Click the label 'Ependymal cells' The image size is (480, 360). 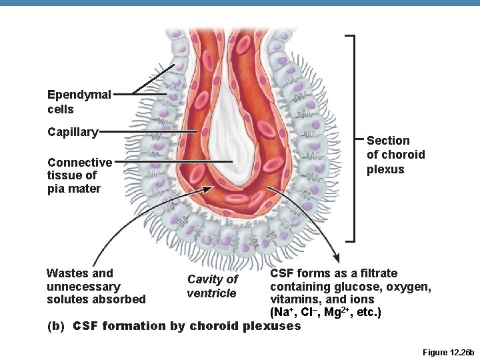tap(79, 101)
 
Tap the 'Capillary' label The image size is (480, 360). tap(73, 132)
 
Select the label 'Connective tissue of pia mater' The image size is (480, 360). tap(79, 175)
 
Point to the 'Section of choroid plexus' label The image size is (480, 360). tap(396, 155)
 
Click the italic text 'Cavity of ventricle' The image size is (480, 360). tap(212, 286)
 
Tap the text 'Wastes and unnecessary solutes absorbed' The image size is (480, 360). tap(96, 286)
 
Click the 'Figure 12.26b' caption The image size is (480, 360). tap(448, 353)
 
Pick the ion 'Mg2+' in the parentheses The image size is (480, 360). tap(337, 312)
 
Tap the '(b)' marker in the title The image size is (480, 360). tap(56, 326)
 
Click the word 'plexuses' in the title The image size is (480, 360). tap(271, 326)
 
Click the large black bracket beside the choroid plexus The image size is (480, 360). tap(354, 139)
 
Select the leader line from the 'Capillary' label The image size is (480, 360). tap(147, 132)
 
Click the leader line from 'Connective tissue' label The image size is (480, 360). tap(173, 161)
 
